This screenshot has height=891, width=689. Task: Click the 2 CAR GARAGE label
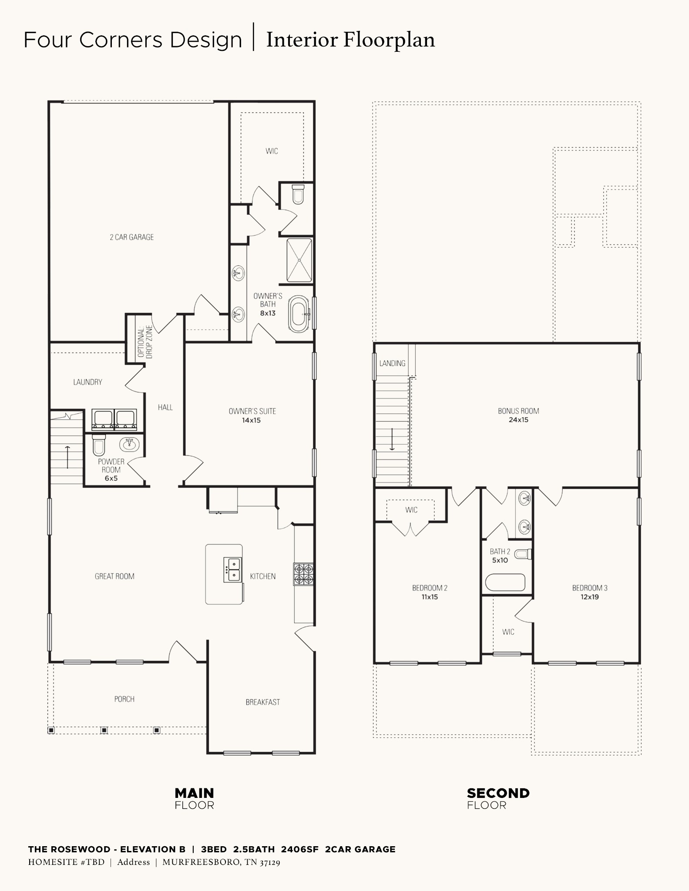[x=132, y=237]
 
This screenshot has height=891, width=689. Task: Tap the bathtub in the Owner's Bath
[x=299, y=315]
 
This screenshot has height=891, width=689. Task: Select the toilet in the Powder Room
[x=99, y=445]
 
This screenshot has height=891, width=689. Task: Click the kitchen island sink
[x=232, y=569]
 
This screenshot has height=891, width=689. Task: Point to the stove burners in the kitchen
[x=304, y=574]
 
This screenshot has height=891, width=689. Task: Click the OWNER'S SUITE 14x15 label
[x=252, y=415]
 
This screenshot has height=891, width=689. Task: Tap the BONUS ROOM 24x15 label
[x=518, y=415]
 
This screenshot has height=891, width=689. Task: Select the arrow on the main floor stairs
[x=67, y=457]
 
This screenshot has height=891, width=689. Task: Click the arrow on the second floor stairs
[x=392, y=439]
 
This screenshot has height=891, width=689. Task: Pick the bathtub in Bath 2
[x=505, y=582]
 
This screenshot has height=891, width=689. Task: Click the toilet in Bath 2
[x=523, y=554]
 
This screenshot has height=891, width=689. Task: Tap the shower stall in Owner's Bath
[x=299, y=260]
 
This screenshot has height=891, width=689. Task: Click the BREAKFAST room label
[x=262, y=702]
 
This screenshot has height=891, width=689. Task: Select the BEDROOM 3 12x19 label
[x=590, y=592]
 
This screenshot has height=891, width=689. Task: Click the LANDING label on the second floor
[x=392, y=363]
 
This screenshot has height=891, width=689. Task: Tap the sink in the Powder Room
[x=129, y=444]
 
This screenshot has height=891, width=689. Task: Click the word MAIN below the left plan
[x=194, y=793]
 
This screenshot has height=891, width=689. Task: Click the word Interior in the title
[x=302, y=40]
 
